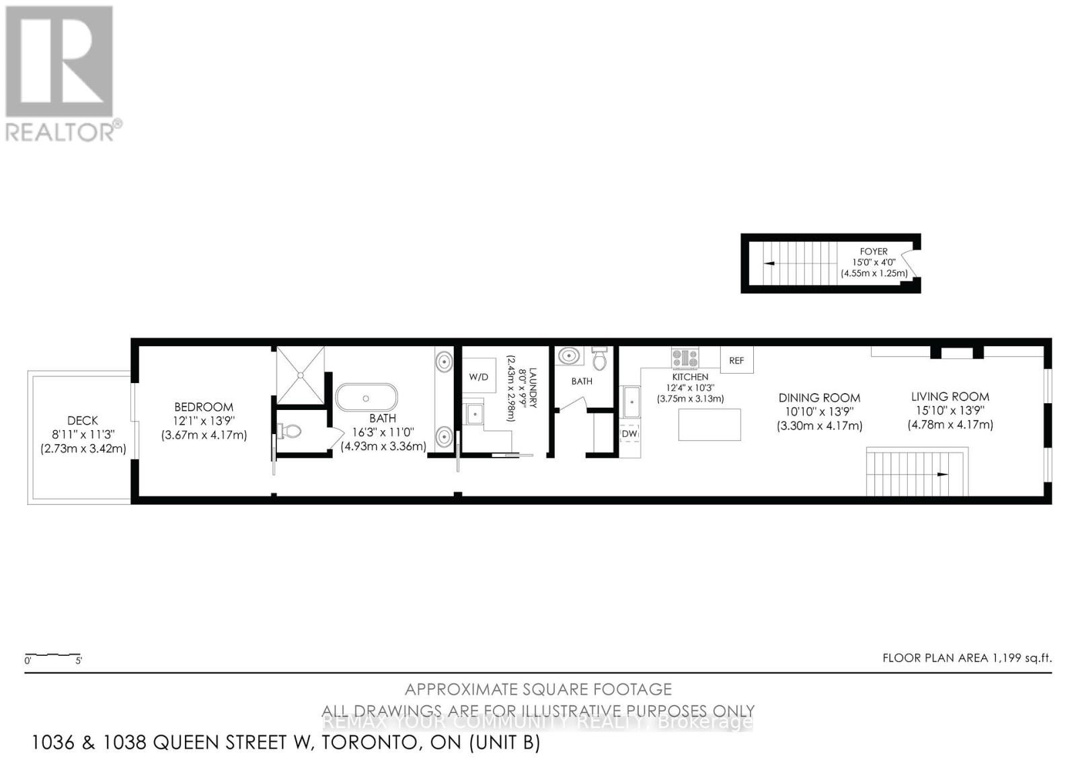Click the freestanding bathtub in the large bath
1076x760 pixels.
click(x=367, y=397)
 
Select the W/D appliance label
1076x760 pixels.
click(x=479, y=377)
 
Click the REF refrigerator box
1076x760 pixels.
click(x=736, y=360)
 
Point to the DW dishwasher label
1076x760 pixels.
click(x=629, y=434)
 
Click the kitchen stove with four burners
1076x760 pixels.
click(x=685, y=357)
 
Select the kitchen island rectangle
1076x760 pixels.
click(x=709, y=425)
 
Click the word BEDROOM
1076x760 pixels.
click(x=204, y=407)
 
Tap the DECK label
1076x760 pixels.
click(x=83, y=421)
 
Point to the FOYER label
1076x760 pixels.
click(x=874, y=251)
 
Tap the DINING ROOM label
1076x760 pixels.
click(x=819, y=398)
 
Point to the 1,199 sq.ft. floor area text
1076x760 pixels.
click(x=1022, y=658)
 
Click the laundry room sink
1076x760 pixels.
click(x=475, y=414)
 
